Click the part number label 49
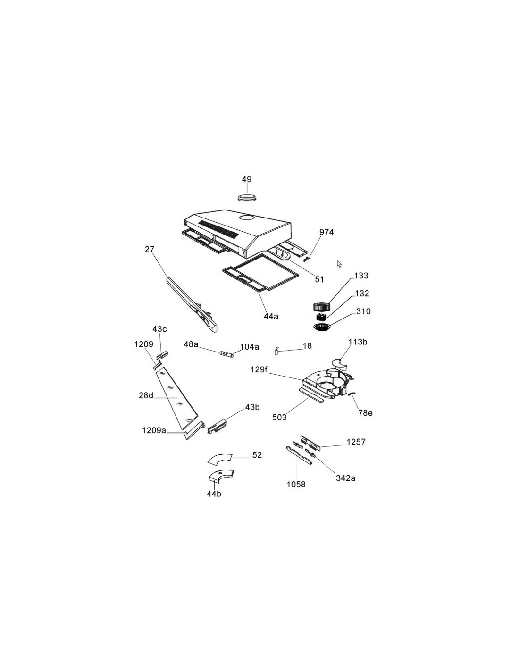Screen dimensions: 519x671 (246, 179)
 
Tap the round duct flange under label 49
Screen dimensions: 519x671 (247, 197)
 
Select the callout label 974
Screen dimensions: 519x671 (326, 232)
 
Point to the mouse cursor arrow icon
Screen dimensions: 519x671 (339, 264)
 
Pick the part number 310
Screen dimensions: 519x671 (363, 311)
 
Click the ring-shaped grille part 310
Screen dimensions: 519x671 (322, 327)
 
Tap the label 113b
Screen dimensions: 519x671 (358, 342)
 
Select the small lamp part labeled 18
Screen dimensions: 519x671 (276, 352)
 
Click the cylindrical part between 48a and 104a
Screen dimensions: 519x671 (226, 354)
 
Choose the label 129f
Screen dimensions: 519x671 (259, 369)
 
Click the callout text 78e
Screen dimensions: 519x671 (365, 413)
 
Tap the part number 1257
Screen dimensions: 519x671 (356, 442)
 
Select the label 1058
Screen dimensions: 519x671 (296, 485)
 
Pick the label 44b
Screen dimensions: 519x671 (214, 494)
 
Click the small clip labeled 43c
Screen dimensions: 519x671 (162, 355)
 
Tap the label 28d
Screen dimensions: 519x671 (146, 395)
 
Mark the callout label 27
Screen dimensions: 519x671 (150, 249)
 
